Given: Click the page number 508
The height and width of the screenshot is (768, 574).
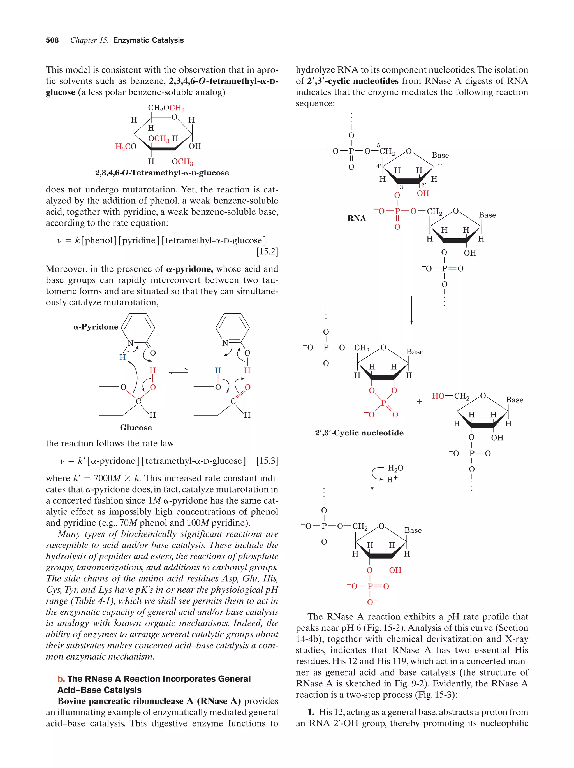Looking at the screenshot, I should pos(52,40).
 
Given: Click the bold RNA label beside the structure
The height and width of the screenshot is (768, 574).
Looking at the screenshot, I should pos(356,218).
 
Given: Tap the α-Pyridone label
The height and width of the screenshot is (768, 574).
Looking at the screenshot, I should pos(96,327).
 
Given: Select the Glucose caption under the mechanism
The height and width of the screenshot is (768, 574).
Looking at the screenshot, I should pos(136,427).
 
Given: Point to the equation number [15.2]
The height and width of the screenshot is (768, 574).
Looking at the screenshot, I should pos(267,251).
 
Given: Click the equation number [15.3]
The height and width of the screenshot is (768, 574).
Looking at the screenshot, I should pos(267,461).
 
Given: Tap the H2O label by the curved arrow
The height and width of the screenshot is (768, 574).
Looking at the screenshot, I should pos(395,468).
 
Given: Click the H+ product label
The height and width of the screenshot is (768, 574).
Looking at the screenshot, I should pos(392,479).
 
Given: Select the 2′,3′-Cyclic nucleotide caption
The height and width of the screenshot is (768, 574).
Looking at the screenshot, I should pos(359,433).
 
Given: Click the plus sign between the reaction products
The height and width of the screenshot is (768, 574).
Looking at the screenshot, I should pos(420,402).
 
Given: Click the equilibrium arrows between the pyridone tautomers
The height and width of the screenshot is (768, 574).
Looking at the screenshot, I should pos(179,371).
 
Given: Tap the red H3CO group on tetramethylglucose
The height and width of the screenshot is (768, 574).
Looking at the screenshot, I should pos(126,147).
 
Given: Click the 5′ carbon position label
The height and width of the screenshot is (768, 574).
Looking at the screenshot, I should pos(379,145).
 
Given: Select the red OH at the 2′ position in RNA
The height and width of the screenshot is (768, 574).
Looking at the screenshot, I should pos(423,193).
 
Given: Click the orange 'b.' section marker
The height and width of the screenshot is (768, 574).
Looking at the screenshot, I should pos(61,679).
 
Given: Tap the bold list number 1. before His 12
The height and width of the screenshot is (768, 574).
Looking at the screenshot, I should pos(311,712).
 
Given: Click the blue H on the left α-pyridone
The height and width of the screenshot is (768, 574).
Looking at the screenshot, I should pos(122,357).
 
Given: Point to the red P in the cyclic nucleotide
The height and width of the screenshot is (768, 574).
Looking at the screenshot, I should pos(383,403).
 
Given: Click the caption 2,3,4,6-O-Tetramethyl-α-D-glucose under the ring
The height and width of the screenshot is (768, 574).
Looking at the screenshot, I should pos(162,173).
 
